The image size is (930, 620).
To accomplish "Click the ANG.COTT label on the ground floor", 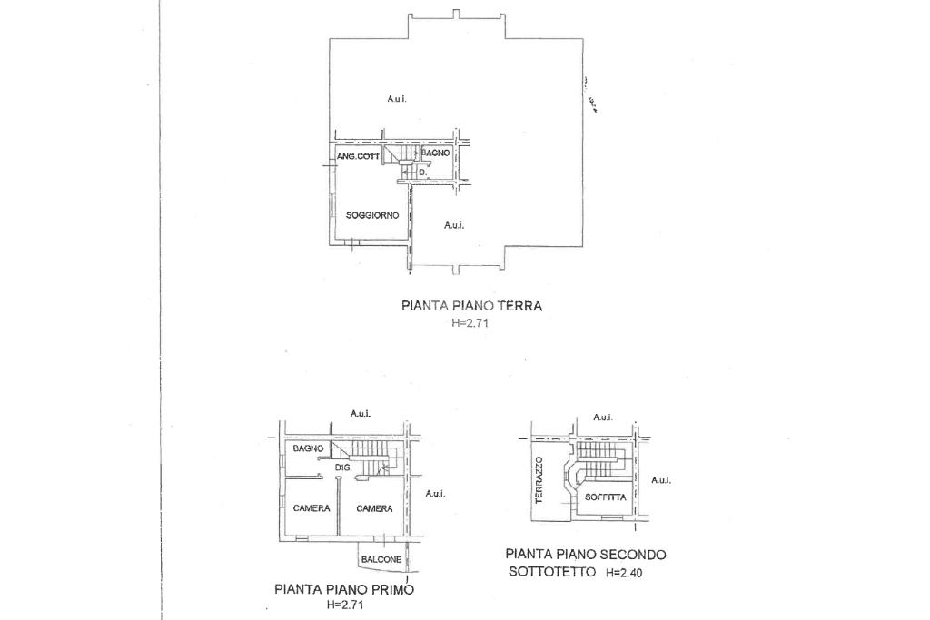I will pyautogui.click(x=358, y=157).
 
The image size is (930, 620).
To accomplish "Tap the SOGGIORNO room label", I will pyautogui.click(x=372, y=215).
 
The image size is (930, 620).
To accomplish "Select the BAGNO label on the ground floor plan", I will pyautogui.click(x=435, y=153).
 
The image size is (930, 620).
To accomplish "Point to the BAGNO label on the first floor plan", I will pyautogui.click(x=309, y=449).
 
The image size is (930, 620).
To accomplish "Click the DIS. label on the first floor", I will pyautogui.click(x=343, y=467).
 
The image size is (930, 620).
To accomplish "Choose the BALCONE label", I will pyautogui.click(x=381, y=560).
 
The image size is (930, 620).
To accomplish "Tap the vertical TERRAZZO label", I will pyautogui.click(x=539, y=479).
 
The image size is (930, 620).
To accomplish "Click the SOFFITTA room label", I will pyautogui.click(x=605, y=497).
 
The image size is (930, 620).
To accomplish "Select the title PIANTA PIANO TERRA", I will pyautogui.click(x=471, y=306).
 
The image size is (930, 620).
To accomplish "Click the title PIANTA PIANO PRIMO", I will pyautogui.click(x=343, y=589).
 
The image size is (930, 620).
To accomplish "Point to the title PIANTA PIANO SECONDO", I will pyautogui.click(x=586, y=554).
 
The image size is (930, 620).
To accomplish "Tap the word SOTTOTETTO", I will pyautogui.click(x=552, y=572).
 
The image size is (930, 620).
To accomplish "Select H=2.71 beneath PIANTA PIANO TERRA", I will pyautogui.click(x=470, y=323).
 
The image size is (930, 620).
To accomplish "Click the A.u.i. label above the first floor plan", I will pyautogui.click(x=361, y=413).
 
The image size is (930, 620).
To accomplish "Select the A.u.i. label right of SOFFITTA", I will pyautogui.click(x=661, y=480).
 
